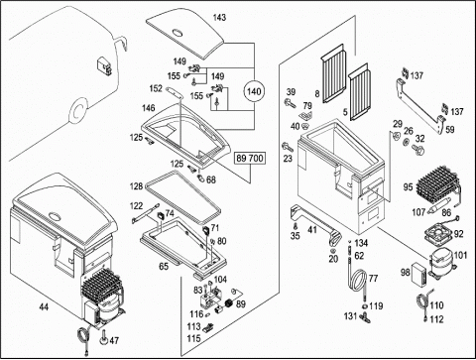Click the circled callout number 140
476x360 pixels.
[x=254, y=91]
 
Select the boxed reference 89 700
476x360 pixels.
[x=250, y=159]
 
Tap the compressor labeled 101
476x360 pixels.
[x=442, y=261]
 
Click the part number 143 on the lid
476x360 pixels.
[x=219, y=18]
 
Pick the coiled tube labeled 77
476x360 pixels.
[x=358, y=279]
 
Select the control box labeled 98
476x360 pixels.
[x=418, y=274]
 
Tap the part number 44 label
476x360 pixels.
[x=44, y=307]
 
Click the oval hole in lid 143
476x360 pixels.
[x=178, y=33]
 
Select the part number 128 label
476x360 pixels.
[x=136, y=186]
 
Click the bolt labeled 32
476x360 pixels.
[x=418, y=150]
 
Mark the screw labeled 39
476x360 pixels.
[x=290, y=103]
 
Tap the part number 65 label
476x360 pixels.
[x=164, y=266]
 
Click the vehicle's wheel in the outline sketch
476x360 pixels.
[x=78, y=111]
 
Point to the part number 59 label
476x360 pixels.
[x=450, y=130]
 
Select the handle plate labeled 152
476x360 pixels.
[x=176, y=92]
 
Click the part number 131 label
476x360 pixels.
[x=350, y=316]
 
